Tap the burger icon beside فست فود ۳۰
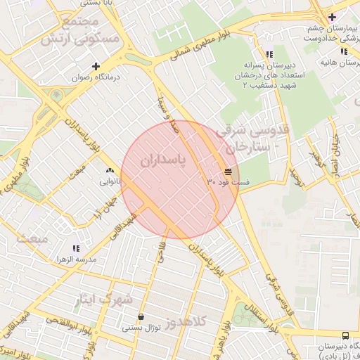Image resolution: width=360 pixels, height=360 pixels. pos(229,172)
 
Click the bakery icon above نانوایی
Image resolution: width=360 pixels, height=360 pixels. pos(109,171)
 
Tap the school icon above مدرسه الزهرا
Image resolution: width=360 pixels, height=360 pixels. pos(77,248)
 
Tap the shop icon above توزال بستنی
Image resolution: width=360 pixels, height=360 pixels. pos(142,316)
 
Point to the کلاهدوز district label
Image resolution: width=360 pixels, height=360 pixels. pos(186,321)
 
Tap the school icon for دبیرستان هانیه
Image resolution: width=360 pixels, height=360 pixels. pos(343,52)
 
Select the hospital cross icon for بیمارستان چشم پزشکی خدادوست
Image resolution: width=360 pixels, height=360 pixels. pos(332,17)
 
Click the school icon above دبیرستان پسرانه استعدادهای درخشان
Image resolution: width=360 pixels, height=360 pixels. pos(269,54)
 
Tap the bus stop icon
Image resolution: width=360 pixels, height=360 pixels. pos(345,335)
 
